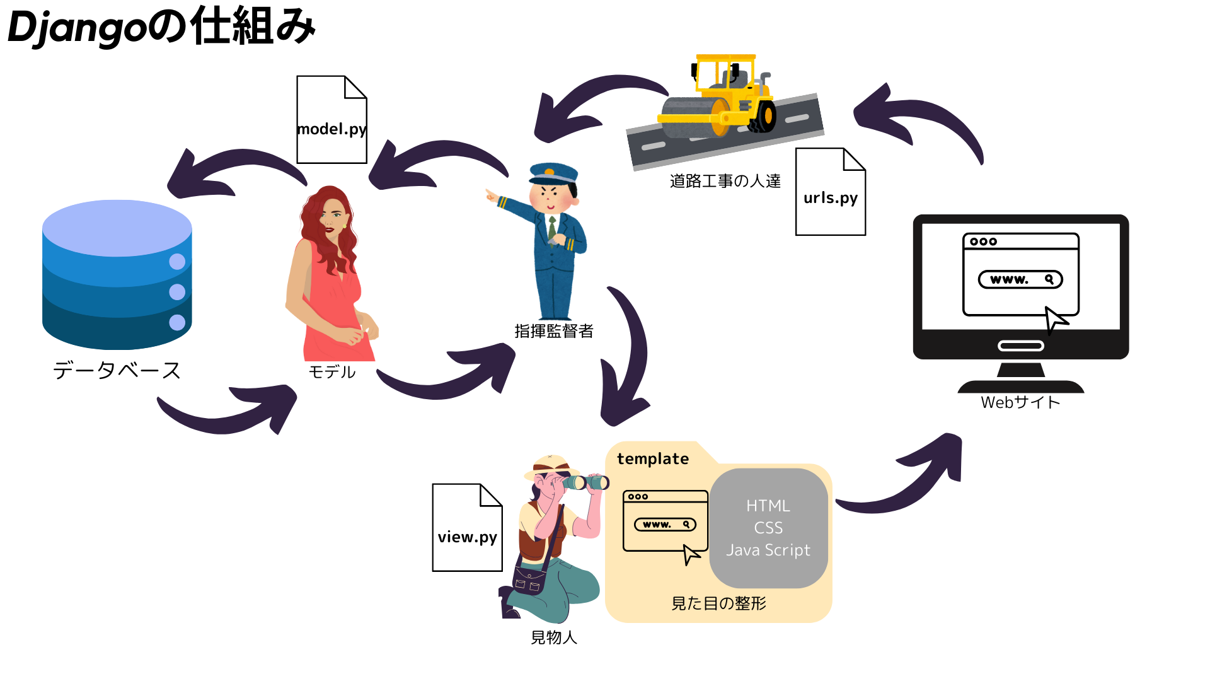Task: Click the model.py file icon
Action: pyautogui.click(x=331, y=120)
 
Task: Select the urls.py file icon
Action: pyautogui.click(x=830, y=192)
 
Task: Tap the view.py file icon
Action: pyautogui.click(x=467, y=528)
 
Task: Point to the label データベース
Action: pyautogui.click(x=117, y=370)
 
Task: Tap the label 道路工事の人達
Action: pyautogui.click(x=725, y=182)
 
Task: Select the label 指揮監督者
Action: pyautogui.click(x=554, y=331)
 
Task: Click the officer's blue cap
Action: pyautogui.click(x=553, y=172)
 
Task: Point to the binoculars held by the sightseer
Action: pyautogui.click(x=586, y=482)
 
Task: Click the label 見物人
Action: pyautogui.click(x=554, y=637)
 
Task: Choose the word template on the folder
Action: pyautogui.click(x=653, y=459)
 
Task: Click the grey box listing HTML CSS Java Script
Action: pyautogui.click(x=768, y=528)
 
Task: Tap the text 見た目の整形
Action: pyautogui.click(x=718, y=603)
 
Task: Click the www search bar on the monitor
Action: pyautogui.click(x=1020, y=279)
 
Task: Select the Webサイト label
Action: pyautogui.click(x=1020, y=402)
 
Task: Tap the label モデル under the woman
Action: pyautogui.click(x=332, y=372)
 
